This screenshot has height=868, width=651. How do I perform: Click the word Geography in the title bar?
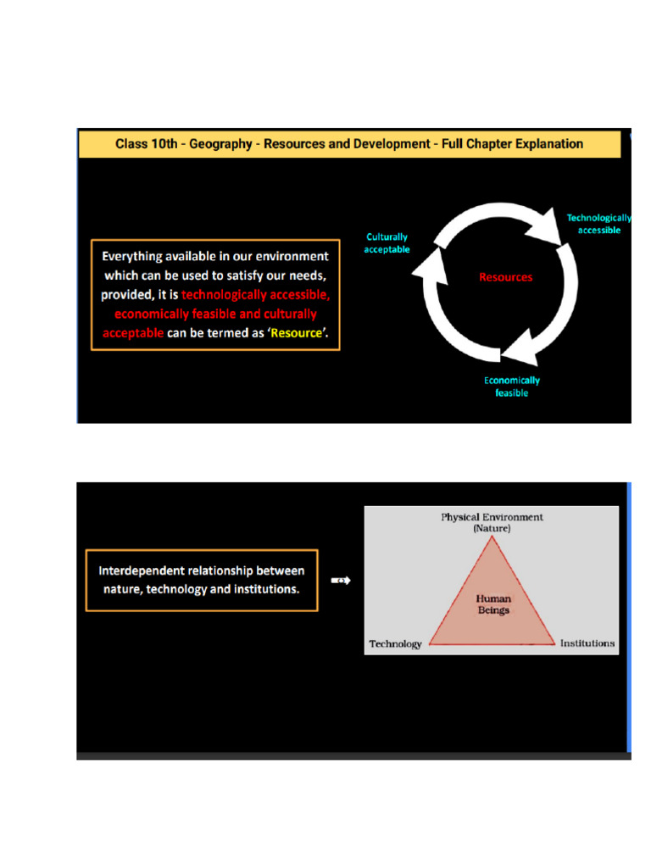point(220,144)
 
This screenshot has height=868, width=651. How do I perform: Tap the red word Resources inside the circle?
point(505,277)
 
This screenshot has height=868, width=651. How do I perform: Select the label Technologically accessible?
point(599,224)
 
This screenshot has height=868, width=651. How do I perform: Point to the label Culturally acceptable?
point(387,243)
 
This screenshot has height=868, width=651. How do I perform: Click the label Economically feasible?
point(512,387)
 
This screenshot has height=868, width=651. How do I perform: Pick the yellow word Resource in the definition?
point(297,333)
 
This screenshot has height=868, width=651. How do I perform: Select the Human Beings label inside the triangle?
point(492,604)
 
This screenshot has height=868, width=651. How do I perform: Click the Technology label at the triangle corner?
point(395,644)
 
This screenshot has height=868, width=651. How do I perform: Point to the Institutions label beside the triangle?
point(587,643)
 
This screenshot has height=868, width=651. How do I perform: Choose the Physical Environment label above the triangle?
point(492,517)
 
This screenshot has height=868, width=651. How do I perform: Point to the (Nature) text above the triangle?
point(492,528)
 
